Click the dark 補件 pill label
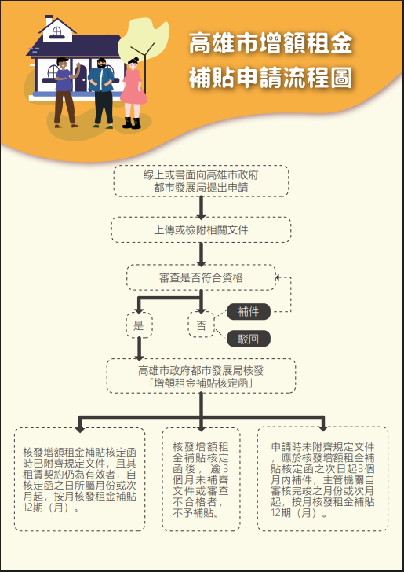[x=249, y=311]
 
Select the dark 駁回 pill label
[x=249, y=339]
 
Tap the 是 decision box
[x=139, y=324]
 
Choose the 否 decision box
[x=201, y=324]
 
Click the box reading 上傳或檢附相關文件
[x=201, y=229]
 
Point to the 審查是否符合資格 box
[x=201, y=277]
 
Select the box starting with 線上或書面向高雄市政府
[x=201, y=181]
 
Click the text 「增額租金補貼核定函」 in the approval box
[x=201, y=383]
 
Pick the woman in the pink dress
[x=133, y=93]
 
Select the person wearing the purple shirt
[x=66, y=92]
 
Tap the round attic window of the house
[x=57, y=31]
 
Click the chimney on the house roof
[x=49, y=20]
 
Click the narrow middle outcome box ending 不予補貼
[x=201, y=479]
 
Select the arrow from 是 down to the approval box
[x=139, y=349]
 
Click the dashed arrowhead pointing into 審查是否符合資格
[x=278, y=277]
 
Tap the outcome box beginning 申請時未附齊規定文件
[x=322, y=479]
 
